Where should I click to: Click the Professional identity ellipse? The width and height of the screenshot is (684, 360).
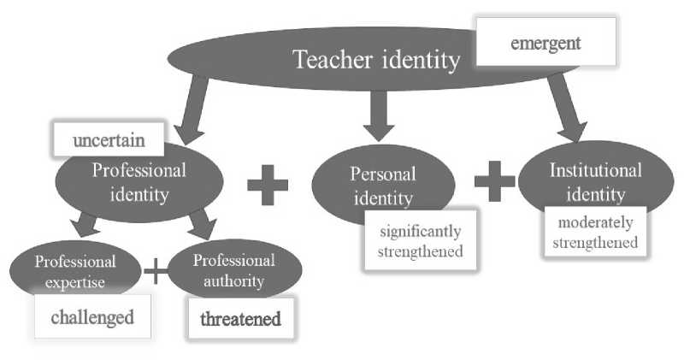139,181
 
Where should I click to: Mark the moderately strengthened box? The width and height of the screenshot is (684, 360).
595,233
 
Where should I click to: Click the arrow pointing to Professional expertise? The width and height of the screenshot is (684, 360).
86,226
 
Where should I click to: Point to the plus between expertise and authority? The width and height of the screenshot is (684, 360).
156,272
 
